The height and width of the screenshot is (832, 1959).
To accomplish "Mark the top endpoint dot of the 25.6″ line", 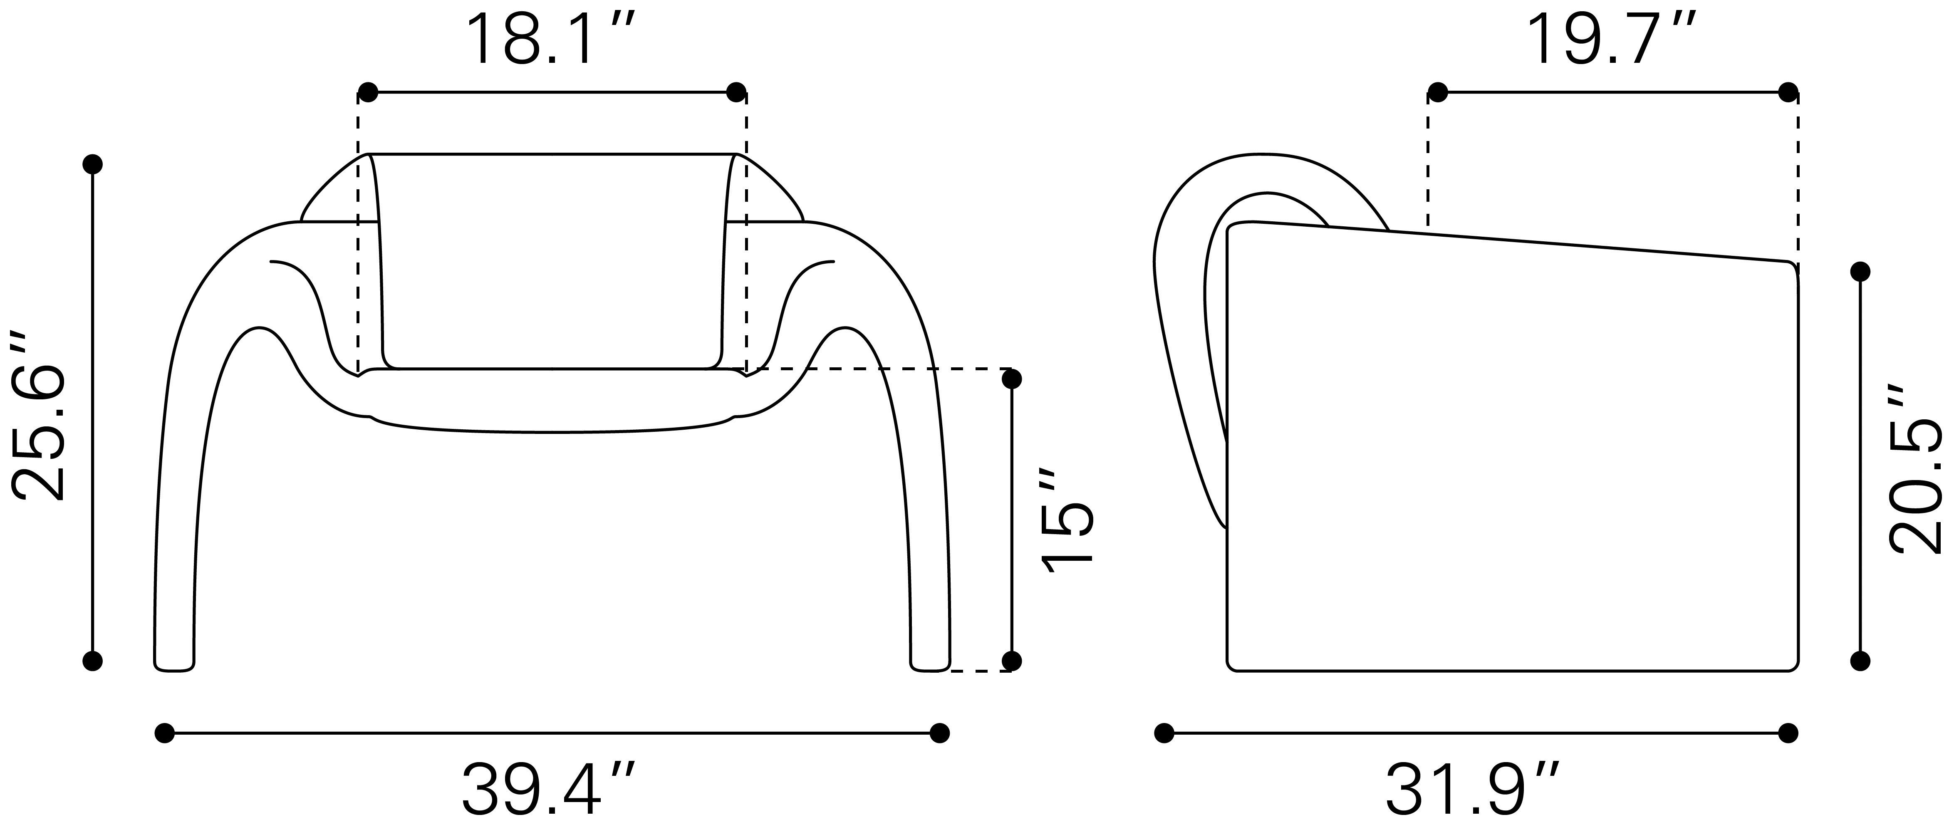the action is click(x=93, y=164).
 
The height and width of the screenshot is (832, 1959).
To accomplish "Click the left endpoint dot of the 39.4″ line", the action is click(x=164, y=733).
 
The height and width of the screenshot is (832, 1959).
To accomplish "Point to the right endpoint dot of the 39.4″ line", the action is click(x=940, y=733).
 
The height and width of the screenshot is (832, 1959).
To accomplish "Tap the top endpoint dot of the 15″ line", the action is click(x=1011, y=378).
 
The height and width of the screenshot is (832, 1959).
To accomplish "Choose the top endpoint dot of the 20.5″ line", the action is click(x=1860, y=272).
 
